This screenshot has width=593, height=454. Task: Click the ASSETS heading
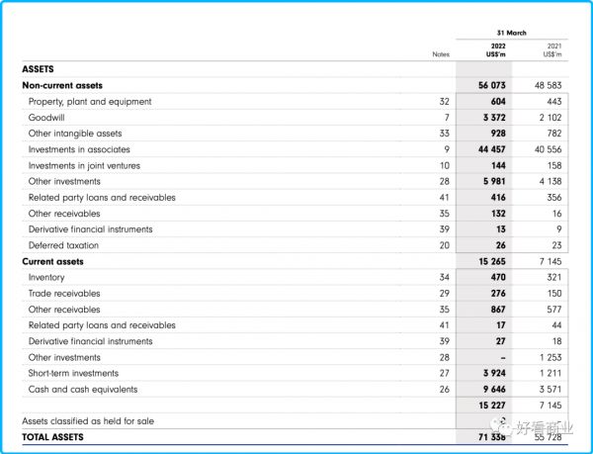[38, 69]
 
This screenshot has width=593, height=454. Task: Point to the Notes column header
[441, 54]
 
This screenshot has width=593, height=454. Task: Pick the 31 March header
[511, 33]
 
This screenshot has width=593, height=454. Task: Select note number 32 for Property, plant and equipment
[444, 102]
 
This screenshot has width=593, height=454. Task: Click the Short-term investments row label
[73, 373]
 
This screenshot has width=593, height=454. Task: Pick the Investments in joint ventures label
[84, 165]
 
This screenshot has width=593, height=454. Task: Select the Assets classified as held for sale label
[88, 421]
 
